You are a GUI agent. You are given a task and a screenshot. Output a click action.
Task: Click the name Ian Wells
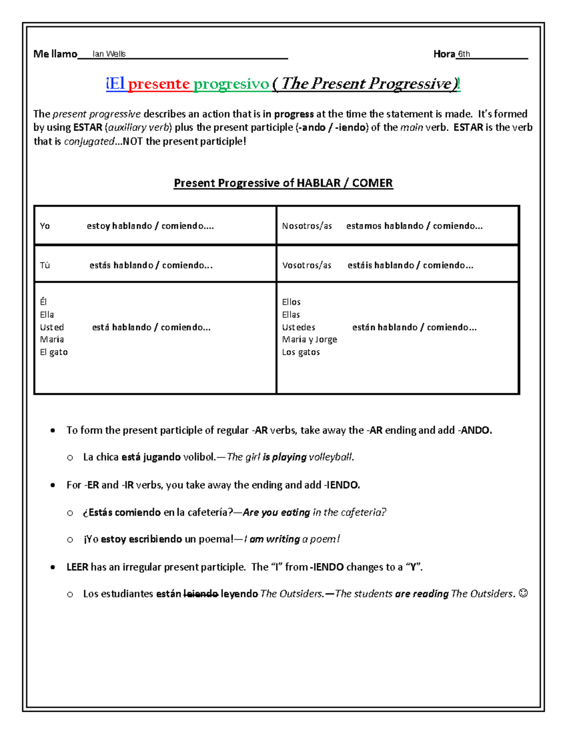click(109, 54)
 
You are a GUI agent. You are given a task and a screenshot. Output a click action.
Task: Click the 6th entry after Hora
click(464, 54)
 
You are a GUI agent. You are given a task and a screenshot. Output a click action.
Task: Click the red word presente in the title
click(159, 84)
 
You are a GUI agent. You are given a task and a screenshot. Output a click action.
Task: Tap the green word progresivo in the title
click(231, 84)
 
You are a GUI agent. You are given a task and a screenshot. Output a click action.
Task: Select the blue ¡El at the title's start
click(115, 84)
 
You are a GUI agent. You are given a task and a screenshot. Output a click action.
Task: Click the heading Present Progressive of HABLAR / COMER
click(283, 183)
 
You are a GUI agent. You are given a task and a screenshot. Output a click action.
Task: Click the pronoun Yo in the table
click(45, 226)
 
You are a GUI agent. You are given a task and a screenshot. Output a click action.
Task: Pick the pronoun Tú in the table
click(45, 265)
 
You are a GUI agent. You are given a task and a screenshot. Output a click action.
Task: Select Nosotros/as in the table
click(307, 226)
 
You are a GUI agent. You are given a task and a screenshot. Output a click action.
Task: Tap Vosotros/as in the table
click(307, 265)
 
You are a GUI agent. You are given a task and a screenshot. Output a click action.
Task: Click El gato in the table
click(54, 352)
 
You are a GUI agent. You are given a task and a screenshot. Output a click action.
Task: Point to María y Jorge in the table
click(309, 339)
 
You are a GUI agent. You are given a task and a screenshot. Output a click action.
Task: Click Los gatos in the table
click(301, 352)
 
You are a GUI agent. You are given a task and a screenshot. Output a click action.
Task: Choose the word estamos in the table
click(364, 226)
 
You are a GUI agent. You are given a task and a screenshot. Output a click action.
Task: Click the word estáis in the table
click(360, 265)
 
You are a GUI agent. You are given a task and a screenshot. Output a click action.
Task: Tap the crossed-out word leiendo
click(200, 594)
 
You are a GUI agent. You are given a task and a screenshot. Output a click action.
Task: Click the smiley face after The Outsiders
click(523, 593)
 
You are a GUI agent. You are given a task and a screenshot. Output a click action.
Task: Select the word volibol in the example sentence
click(198, 457)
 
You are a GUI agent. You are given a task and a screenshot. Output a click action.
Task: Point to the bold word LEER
click(77, 567)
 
